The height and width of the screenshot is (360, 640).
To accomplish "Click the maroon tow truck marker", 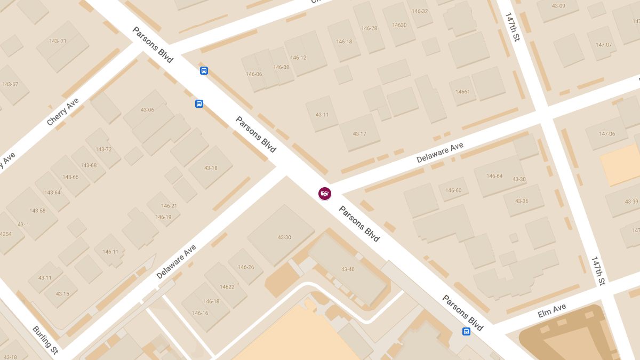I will point(325,194).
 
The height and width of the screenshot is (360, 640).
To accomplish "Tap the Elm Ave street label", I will point(551,310).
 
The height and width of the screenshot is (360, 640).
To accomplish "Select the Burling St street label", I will point(45,340).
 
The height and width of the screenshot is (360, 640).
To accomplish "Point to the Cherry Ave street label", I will point(62,111).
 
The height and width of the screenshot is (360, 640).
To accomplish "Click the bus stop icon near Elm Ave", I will point(467,332).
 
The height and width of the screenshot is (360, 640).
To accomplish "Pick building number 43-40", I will point(348,269).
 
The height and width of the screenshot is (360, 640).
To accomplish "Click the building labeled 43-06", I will point(147,110).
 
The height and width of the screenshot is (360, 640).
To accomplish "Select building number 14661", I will point(462,92).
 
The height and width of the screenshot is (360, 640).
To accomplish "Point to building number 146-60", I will point(453,190).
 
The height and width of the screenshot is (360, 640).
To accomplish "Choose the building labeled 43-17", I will point(359,133).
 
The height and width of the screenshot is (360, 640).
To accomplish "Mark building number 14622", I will point(227,287).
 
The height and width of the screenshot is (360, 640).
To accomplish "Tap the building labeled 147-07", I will point(604,45).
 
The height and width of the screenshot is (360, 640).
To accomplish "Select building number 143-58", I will point(37,211).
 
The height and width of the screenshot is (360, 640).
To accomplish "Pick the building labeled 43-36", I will point(522,201).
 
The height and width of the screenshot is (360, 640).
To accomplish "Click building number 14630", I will point(399,25).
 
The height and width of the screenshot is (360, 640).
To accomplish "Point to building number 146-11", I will point(110,252).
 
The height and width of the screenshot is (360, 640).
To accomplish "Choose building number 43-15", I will point(62,294).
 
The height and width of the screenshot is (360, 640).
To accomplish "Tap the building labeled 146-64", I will point(494,176).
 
